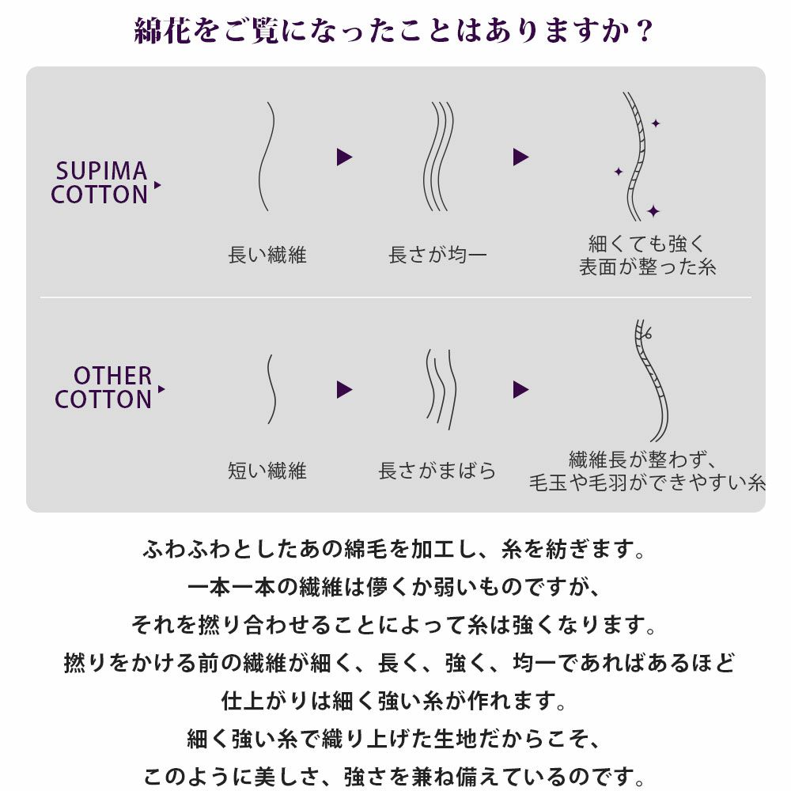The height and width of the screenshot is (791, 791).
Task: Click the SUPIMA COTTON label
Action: coord(100,184)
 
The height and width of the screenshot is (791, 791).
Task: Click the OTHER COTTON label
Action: coord(104,388)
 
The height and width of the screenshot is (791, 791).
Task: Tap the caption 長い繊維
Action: coord(267,255)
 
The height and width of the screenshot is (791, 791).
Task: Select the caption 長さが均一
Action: coord(437,255)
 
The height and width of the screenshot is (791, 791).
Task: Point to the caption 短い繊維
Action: coord(267,470)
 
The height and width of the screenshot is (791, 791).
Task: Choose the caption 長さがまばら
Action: coord(437,470)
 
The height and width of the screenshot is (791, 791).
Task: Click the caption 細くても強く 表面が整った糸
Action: coord(647,255)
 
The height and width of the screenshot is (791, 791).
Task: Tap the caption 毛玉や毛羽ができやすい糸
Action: coord(647,483)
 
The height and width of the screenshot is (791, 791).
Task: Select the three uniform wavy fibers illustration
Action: coord(437,157)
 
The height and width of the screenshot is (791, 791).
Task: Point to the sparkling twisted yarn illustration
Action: coord(638,157)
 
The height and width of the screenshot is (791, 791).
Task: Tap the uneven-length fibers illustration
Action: coord(441,389)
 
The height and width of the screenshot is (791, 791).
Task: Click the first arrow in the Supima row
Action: coord(344,157)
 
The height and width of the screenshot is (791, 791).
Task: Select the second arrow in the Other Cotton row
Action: coord(520,389)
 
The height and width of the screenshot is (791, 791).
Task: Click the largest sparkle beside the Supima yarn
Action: coord(653,211)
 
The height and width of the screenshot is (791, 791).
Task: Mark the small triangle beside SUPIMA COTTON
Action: coord(157,185)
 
